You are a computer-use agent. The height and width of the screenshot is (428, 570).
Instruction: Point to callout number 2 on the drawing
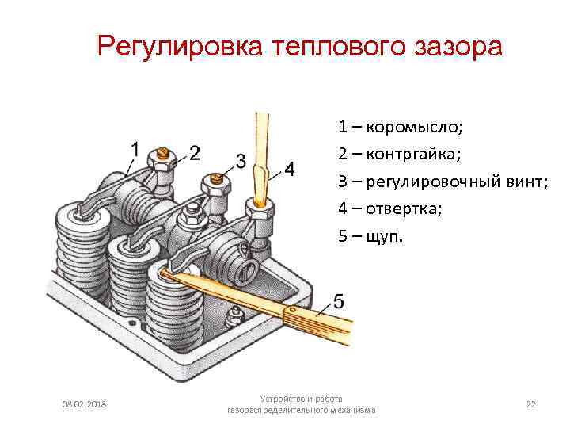194,152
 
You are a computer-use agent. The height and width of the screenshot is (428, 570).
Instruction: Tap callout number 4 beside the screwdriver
290,170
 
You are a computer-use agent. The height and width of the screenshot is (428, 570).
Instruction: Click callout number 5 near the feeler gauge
338,301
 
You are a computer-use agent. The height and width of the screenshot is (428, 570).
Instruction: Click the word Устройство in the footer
283,399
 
